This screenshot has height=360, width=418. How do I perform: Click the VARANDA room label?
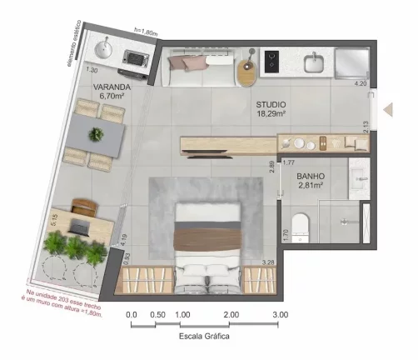pyautogui.click(x=111, y=87)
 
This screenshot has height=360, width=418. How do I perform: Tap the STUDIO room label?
pyautogui.click(x=271, y=103)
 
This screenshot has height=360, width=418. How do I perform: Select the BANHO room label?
pyautogui.click(x=309, y=176)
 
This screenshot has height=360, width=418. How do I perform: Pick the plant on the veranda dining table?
pyautogui.click(x=97, y=134)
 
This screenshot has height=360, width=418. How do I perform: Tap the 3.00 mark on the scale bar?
pyautogui.click(x=281, y=315)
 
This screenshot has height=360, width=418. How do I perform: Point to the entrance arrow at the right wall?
pyautogui.click(x=387, y=109)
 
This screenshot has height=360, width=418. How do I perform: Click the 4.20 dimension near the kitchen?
pyautogui.click(x=360, y=84)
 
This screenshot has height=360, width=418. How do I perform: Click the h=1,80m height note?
pyautogui.click(x=146, y=32)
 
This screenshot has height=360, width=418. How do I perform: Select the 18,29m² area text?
pyautogui.click(x=271, y=113)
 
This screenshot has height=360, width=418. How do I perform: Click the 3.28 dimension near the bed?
pyautogui.click(x=268, y=262)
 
